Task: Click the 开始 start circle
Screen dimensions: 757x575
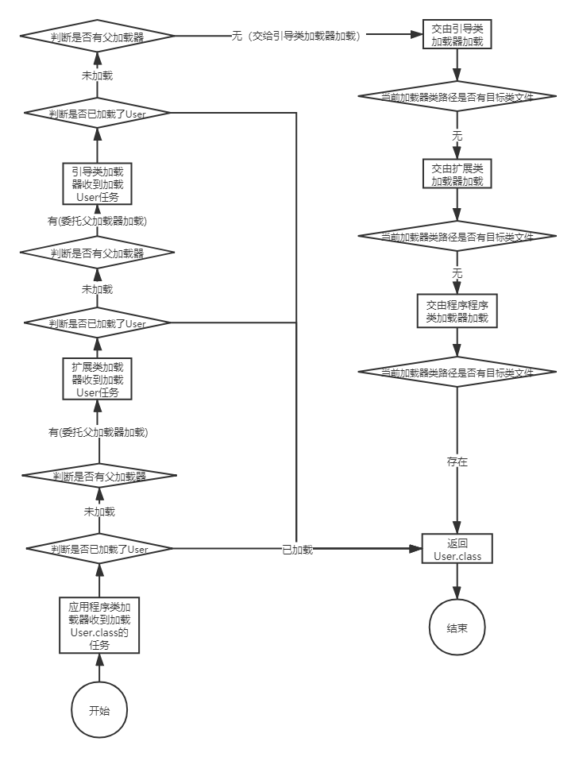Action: point(99,710)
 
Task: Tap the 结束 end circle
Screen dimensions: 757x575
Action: point(457,628)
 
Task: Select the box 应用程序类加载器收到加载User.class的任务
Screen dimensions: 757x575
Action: point(99,625)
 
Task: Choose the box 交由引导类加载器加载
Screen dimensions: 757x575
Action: point(457,35)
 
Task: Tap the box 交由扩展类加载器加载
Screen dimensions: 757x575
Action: point(457,175)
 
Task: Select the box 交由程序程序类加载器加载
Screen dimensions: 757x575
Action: point(457,311)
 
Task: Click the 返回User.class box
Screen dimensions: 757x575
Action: point(457,549)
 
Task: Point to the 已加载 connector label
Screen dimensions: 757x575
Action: point(297,549)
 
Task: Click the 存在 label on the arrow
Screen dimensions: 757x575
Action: point(457,460)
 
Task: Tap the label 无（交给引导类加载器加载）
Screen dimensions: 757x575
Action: point(299,37)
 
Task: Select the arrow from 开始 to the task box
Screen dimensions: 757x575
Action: point(99,669)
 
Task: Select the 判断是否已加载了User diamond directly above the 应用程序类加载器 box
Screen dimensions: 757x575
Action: point(99,549)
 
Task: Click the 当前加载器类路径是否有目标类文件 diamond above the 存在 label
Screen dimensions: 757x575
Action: point(457,372)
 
